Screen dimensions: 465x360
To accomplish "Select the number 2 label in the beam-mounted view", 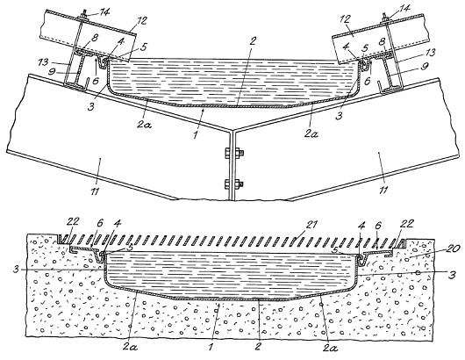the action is (253, 41).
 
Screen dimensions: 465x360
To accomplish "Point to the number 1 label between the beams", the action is (196, 135).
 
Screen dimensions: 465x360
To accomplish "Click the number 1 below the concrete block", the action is (211, 347).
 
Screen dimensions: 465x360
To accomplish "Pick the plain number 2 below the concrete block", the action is (259, 346).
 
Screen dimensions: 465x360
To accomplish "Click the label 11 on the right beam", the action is (383, 189).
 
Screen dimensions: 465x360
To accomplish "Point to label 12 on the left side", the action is (141, 20).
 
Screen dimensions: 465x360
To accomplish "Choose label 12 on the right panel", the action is (347, 19).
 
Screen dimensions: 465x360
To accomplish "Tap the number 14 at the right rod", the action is (404, 8).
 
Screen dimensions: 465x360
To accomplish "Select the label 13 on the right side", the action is (428, 53).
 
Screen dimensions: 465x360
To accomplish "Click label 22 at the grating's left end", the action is (73, 221).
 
